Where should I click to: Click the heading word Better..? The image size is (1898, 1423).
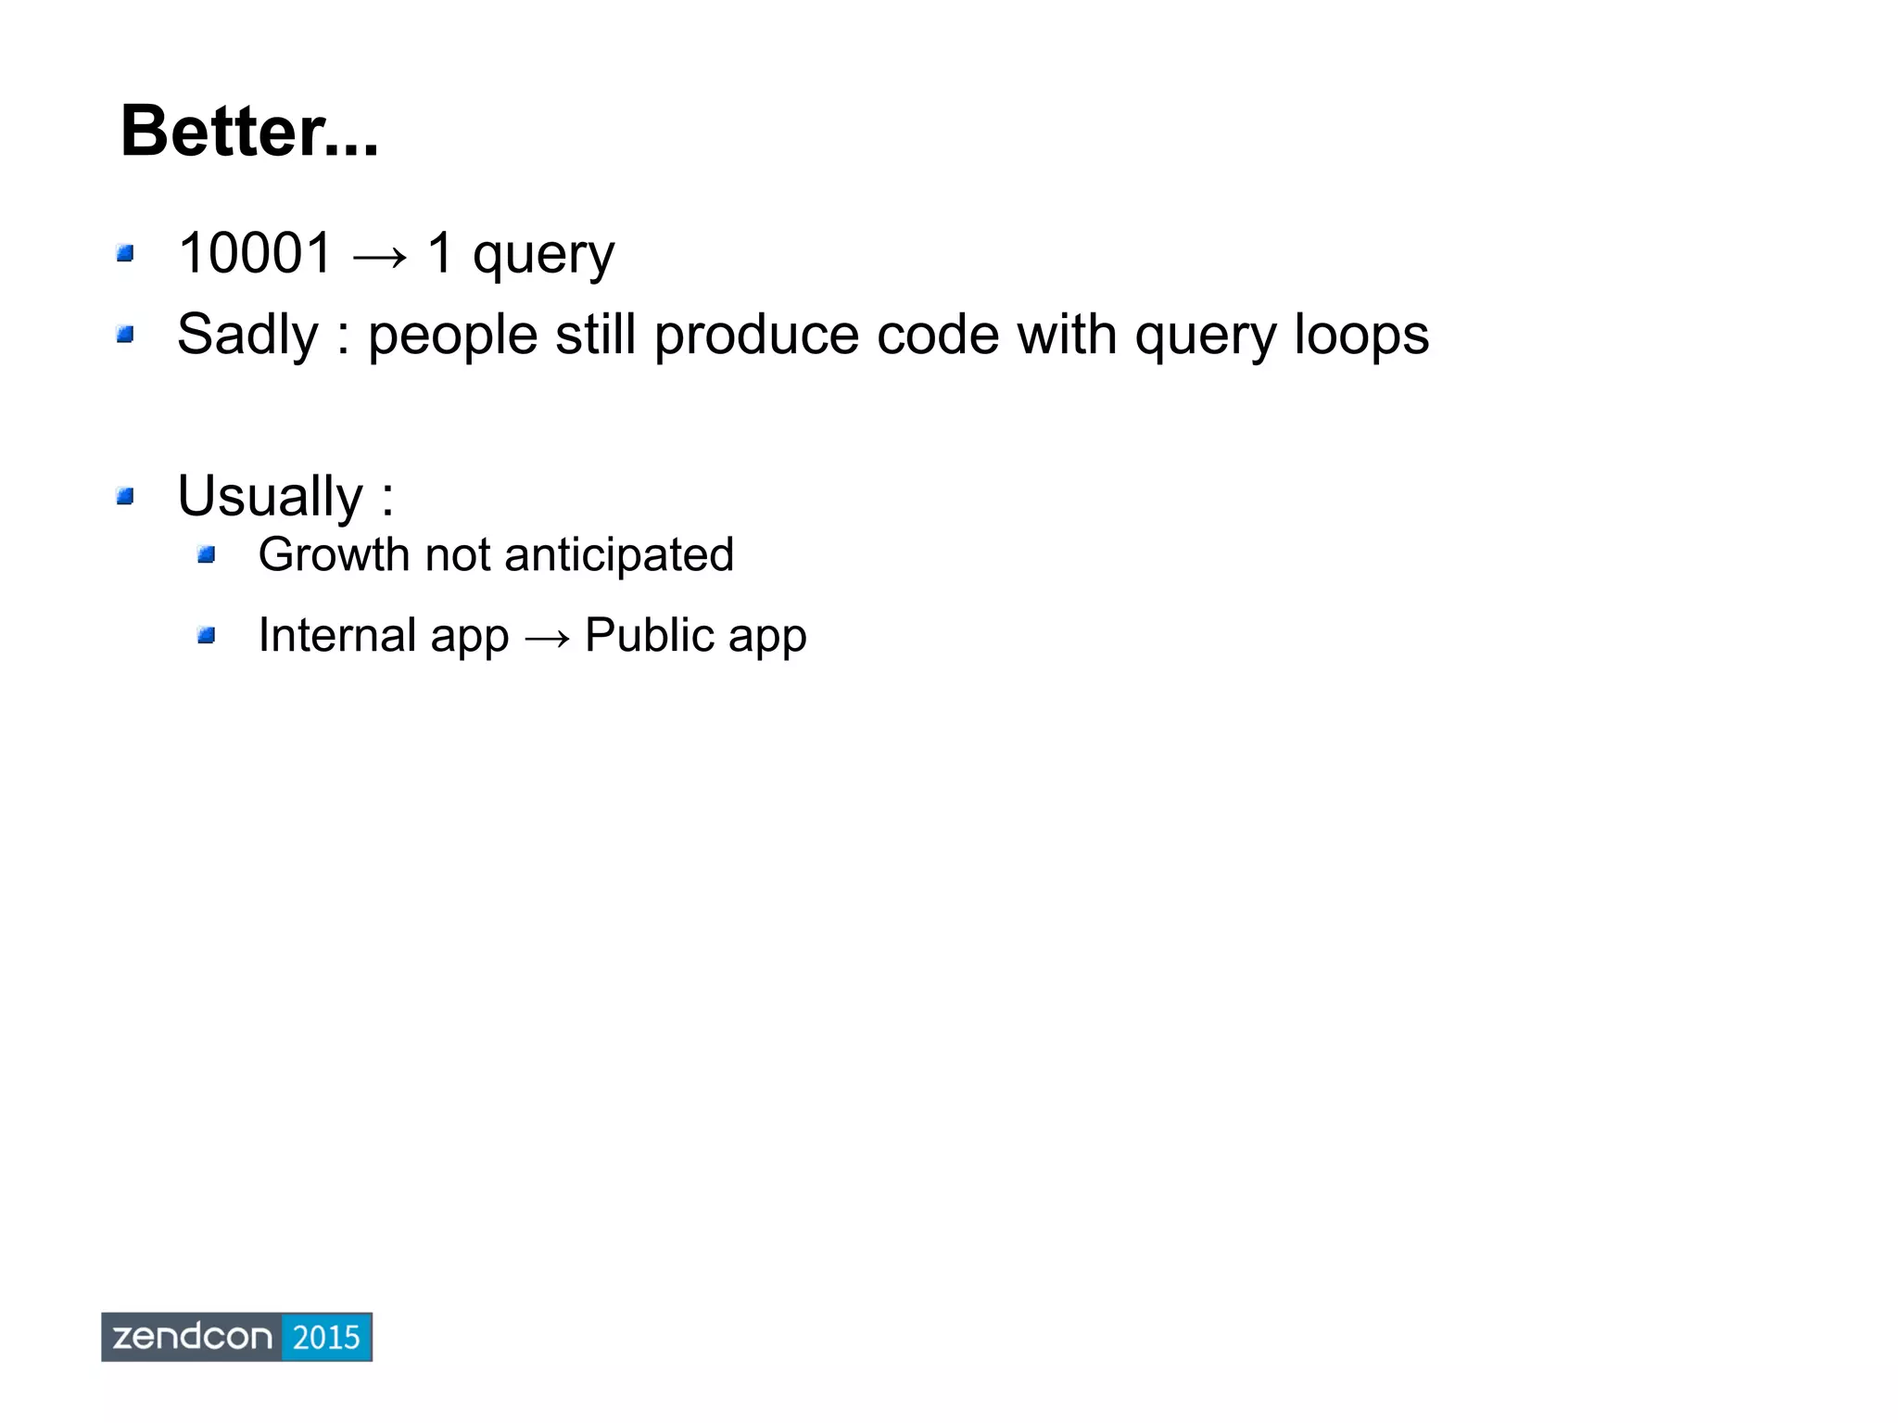click(248, 132)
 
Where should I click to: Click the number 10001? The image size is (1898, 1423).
click(255, 252)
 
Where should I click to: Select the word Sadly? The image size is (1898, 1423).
click(247, 336)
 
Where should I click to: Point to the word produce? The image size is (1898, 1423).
click(755, 336)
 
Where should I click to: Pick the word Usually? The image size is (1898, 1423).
click(270, 497)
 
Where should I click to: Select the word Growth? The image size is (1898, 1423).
click(334, 555)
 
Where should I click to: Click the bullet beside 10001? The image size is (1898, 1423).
click(126, 253)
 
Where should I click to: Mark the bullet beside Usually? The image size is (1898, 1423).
click(126, 497)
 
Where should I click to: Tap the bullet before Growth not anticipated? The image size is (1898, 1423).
click(207, 555)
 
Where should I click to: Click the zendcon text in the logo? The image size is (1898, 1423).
click(192, 1337)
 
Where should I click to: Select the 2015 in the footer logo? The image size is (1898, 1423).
click(325, 1337)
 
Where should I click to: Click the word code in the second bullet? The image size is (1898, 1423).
click(938, 336)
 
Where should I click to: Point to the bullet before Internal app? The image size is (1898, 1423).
click(207, 636)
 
